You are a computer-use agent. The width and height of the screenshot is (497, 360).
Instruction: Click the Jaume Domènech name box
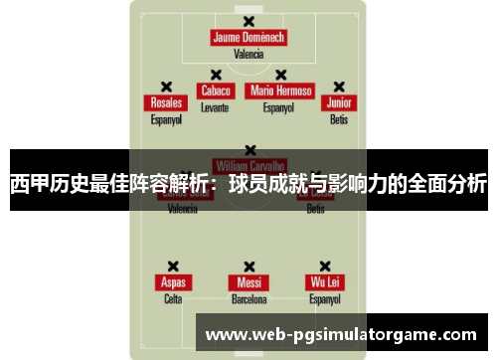pos(248,38)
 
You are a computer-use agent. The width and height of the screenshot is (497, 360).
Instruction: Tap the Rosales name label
pos(166,103)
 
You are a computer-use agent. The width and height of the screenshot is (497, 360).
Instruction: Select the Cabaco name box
pos(216,90)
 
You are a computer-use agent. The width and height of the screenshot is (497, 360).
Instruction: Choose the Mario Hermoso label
pos(281,90)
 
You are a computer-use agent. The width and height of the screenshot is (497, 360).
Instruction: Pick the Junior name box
pos(340,103)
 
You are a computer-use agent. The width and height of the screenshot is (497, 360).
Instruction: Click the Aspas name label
pos(173,282)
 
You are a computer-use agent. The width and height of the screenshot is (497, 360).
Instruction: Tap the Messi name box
pos(248,282)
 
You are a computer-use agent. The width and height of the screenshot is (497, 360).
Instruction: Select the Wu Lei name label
pos(325,282)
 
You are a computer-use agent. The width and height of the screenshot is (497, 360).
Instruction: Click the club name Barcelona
pos(248,298)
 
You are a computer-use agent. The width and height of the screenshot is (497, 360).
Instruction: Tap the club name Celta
pos(173,298)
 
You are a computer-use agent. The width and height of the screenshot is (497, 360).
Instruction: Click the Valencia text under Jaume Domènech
pos(248,55)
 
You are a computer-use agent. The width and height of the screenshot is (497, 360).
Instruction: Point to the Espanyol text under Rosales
pos(166,119)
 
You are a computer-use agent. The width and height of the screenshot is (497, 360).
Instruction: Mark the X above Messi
pos(248,267)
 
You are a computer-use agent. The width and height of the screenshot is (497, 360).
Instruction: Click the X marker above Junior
pos(339,87)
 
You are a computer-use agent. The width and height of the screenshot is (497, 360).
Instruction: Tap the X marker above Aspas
pos(173,267)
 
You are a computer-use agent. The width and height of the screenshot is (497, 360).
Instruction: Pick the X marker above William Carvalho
pos(249,150)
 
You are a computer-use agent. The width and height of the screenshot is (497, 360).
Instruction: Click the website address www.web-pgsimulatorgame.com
pos(340,335)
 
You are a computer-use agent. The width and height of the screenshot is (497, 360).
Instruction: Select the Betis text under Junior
pos(339,119)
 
